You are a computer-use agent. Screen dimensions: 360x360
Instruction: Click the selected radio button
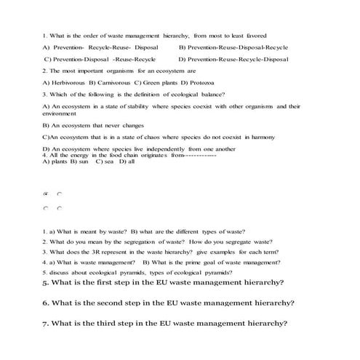tap(47, 194)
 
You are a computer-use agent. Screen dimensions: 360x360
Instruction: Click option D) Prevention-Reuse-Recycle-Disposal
tap(233, 59)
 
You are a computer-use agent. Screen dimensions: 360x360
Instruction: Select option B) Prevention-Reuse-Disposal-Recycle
tap(233, 47)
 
